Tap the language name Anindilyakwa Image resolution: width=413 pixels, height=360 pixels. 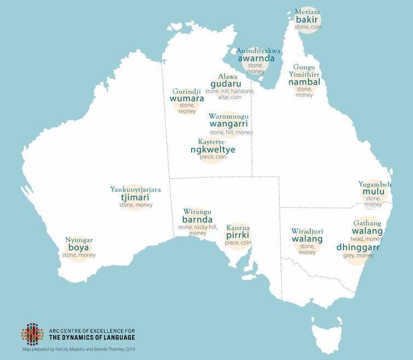258,50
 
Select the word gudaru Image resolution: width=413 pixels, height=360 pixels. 226,84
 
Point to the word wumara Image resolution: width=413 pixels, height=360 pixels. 187,99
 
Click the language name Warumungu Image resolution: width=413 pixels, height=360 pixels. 229,116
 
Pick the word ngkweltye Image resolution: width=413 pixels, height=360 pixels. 213,149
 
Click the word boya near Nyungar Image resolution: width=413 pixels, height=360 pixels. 78,248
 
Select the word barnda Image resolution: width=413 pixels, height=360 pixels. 197,220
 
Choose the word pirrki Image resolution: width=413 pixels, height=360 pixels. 238,235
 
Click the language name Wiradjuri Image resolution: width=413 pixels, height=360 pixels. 307,231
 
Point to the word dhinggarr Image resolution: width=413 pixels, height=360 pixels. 358,248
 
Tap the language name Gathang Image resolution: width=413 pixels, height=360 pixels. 367,223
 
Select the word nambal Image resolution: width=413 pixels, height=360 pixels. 304,82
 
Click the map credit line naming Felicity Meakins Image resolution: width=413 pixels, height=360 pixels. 78,348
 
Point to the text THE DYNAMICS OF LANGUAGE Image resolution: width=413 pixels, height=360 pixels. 91,338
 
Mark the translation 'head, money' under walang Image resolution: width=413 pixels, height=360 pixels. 367,239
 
